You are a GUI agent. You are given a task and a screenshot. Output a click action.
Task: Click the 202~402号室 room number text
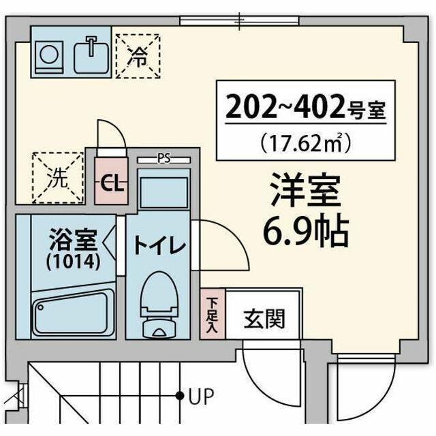click(306, 107)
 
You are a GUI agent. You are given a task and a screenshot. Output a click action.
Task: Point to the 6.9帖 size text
click(306, 232)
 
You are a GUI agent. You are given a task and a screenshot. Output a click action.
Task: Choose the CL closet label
click(111, 183)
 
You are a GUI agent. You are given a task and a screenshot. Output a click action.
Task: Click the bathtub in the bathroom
click(74, 311)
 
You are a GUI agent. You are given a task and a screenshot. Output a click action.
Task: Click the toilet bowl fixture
click(159, 303)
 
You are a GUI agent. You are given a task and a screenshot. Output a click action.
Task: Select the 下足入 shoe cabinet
click(213, 313)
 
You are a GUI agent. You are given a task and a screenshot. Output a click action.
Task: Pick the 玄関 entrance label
click(264, 318)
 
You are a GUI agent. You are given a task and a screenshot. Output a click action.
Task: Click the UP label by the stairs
click(201, 395)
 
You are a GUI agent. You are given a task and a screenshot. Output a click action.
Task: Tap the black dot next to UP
click(181, 395)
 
